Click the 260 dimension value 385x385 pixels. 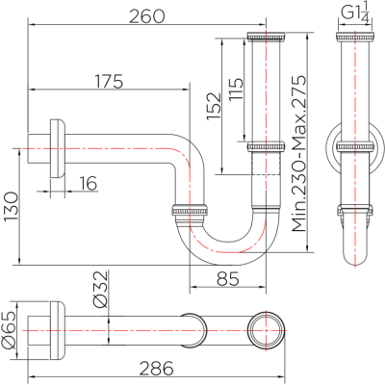(146, 16)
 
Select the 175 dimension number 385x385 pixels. (109, 81)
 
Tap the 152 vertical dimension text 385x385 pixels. (214, 106)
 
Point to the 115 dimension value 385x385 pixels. (236, 89)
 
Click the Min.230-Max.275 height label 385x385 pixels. (299, 153)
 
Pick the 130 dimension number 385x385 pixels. (12, 207)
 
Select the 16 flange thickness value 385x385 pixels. (88, 183)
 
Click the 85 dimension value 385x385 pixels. (228, 278)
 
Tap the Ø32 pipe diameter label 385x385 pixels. (100, 289)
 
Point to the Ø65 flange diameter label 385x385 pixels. (9, 330)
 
